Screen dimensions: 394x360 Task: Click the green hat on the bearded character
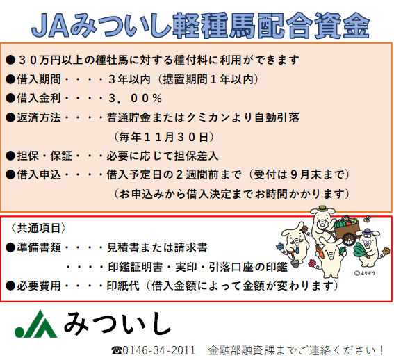322,209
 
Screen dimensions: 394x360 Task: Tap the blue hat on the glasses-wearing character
367,231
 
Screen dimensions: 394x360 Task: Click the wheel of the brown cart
350,239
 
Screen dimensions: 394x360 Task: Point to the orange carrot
320,252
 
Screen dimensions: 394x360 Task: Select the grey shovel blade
295,263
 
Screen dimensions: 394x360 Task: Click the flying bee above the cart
367,218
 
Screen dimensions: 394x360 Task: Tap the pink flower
312,263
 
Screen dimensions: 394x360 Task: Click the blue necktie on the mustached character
297,249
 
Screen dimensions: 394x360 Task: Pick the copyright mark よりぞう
364,273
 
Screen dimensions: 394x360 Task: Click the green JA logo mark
36,325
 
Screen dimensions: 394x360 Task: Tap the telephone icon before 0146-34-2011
117,350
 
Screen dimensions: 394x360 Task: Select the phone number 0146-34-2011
159,350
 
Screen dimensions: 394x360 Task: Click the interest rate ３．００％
136,98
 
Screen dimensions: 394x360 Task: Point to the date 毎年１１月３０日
164,137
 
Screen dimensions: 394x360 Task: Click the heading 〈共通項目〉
38,228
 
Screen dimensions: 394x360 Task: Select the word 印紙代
123,286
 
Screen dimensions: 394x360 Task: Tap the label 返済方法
39,117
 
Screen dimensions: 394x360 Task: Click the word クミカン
203,117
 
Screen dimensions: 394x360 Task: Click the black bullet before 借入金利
10,98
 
